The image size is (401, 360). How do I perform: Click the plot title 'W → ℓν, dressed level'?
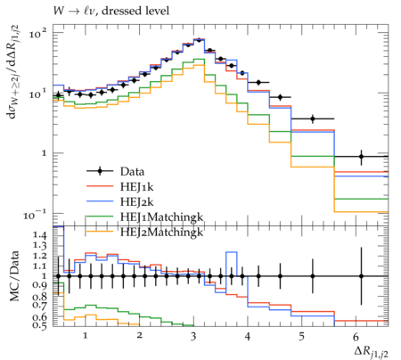(111, 11)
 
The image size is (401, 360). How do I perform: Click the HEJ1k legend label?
(137, 186)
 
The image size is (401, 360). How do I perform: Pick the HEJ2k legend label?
(137, 202)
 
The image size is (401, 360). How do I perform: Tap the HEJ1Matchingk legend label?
(161, 217)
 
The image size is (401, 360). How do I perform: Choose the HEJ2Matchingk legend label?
(161, 232)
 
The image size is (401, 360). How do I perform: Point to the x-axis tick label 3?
(193, 336)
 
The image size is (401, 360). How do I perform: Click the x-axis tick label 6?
(356, 336)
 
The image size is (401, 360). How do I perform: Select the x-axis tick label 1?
(86, 336)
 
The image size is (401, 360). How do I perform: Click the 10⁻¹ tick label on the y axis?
(36, 214)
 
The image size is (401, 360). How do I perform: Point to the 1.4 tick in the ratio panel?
(40, 235)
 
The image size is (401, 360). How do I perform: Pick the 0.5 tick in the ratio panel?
(40, 325)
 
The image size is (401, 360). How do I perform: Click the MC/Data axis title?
(14, 276)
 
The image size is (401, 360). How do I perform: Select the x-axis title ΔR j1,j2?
(372, 352)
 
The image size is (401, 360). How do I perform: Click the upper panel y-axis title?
(13, 71)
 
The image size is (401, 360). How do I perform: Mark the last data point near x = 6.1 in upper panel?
(361, 156)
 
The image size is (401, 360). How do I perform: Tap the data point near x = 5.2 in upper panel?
(313, 119)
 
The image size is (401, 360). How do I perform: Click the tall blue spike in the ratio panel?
(232, 252)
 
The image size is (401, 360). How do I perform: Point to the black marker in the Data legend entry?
(100, 171)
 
